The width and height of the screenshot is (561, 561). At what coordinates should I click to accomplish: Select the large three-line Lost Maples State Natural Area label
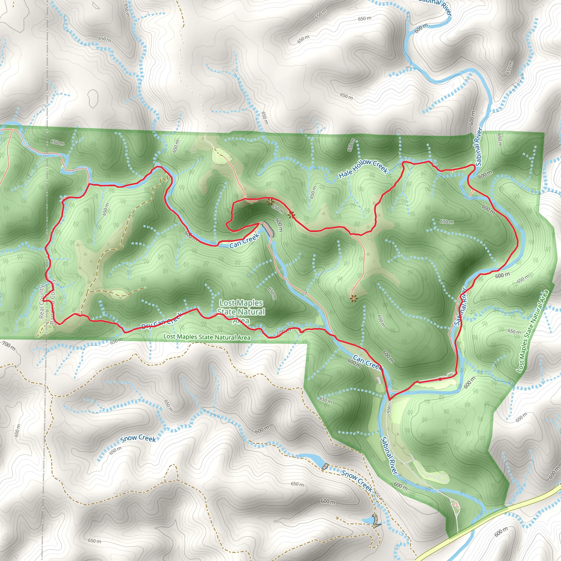(241, 311)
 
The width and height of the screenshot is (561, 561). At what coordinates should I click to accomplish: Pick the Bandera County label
(53, 302)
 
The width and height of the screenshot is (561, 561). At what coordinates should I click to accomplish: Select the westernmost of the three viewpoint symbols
(270, 202)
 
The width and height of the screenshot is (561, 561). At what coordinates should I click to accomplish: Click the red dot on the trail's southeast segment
(440, 379)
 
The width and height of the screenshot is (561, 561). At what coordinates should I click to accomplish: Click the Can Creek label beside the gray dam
(244, 241)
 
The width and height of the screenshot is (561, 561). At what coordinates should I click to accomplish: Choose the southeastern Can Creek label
(368, 363)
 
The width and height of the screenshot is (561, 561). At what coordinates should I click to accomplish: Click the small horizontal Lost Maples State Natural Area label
(207, 337)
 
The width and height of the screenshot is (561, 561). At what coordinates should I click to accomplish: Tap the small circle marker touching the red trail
(158, 165)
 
